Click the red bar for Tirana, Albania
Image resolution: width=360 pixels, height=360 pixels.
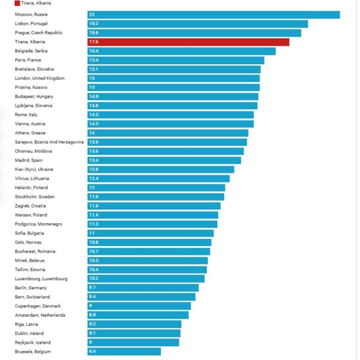[188, 42]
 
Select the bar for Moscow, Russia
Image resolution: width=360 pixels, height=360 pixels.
[213, 14]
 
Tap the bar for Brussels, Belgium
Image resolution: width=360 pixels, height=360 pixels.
[124, 352]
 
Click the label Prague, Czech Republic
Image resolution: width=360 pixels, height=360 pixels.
[38, 32]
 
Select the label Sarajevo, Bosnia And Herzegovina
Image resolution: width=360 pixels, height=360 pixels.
[49, 142]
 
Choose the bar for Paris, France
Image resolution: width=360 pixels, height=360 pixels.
[175, 60]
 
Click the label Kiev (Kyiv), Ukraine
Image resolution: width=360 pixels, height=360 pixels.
[35, 169]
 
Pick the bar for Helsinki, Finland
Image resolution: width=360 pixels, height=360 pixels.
[156, 188]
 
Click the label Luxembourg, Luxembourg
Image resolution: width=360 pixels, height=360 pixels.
[41, 278]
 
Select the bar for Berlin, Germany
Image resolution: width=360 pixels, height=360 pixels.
[143, 288]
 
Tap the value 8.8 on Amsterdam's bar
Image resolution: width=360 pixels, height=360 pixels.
[92, 315]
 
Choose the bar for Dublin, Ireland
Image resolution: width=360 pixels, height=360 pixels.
[134, 333]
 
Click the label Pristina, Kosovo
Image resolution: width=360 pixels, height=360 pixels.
[31, 87]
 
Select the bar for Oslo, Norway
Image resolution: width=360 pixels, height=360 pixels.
[149, 242]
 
